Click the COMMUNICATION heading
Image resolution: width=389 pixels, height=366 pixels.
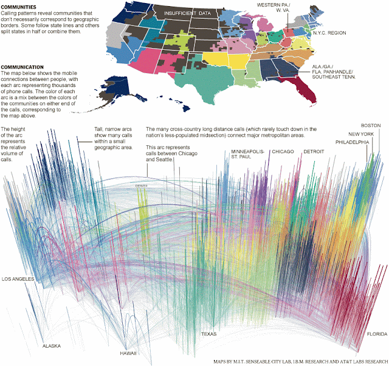(23, 66)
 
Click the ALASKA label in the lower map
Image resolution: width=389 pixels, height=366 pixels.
(51, 346)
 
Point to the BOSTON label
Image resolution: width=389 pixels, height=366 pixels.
(370, 125)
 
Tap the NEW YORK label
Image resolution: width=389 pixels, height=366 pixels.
(361, 134)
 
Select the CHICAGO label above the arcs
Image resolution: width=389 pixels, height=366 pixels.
(283, 151)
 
